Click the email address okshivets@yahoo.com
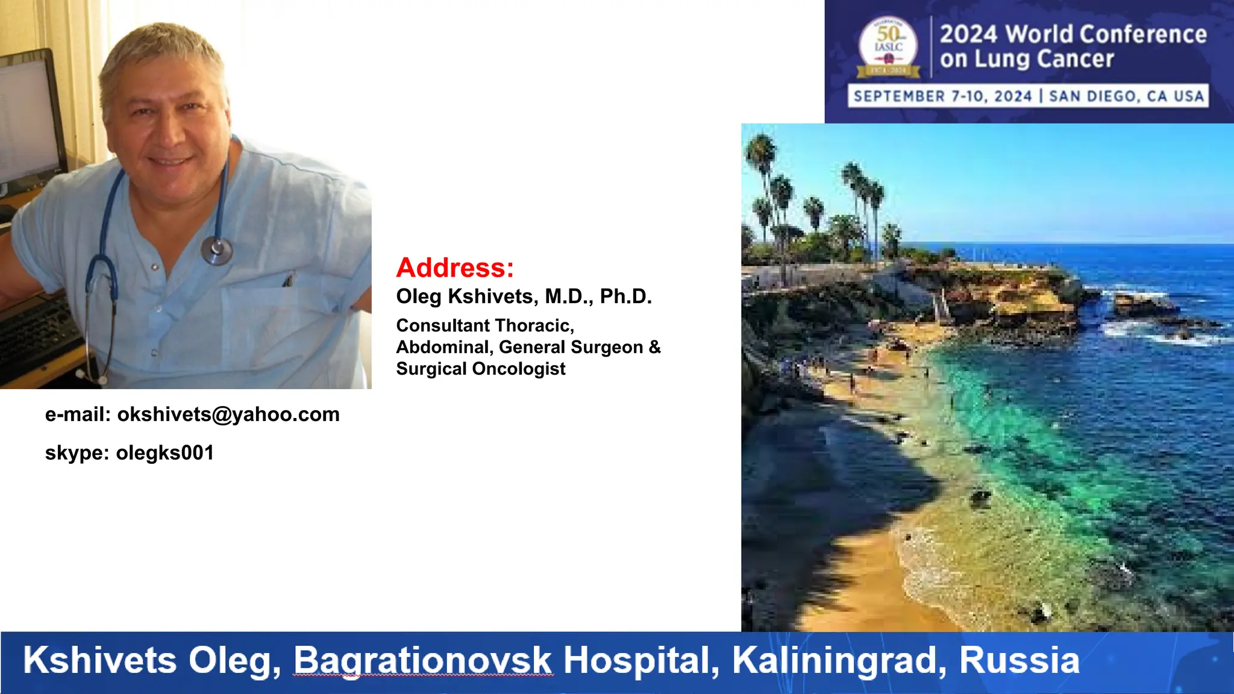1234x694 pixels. tap(228, 414)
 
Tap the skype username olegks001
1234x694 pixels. tap(164, 453)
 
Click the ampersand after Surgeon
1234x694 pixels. tap(655, 347)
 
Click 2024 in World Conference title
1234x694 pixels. tap(970, 34)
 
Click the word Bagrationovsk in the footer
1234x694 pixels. tap(422, 660)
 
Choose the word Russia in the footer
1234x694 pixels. tap(1019, 660)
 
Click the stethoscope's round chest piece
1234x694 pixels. tap(216, 250)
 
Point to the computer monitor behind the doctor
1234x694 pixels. tap(30, 120)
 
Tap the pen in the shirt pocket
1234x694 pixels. tap(288, 280)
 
